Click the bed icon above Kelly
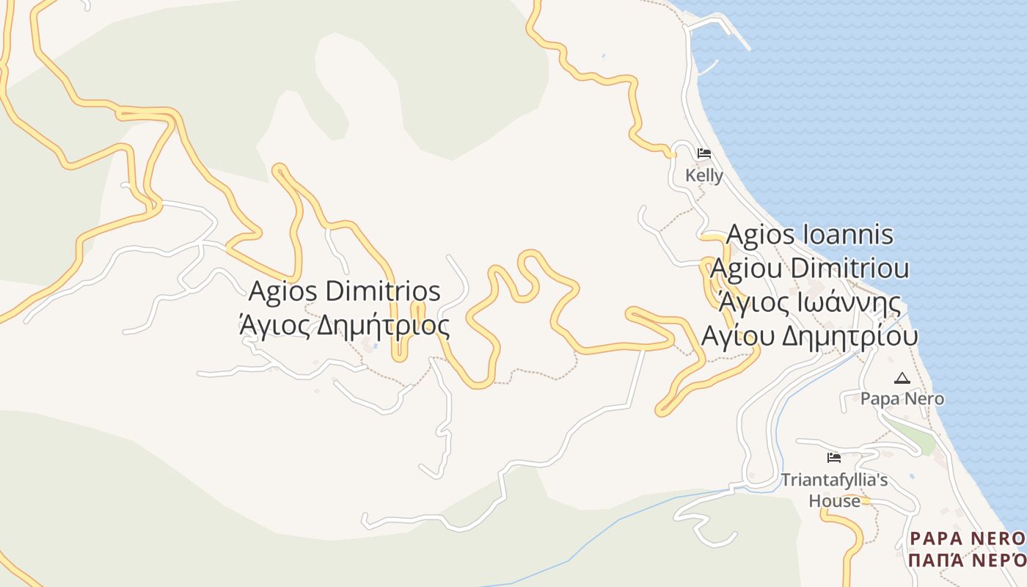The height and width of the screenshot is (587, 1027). pyautogui.click(x=704, y=153)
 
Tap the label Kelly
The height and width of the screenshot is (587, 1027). pyautogui.click(x=704, y=175)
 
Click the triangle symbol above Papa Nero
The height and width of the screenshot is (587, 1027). pyautogui.click(x=902, y=379)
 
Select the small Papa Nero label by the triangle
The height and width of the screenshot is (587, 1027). pyautogui.click(x=902, y=398)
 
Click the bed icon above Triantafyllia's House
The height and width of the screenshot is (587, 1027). pyautogui.click(x=833, y=458)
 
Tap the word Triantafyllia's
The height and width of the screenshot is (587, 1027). pyautogui.click(x=834, y=480)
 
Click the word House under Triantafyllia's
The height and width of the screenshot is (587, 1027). pyautogui.click(x=834, y=501)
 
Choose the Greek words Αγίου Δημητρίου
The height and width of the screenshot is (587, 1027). pyautogui.click(x=810, y=336)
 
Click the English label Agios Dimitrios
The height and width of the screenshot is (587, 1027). pyautogui.click(x=345, y=291)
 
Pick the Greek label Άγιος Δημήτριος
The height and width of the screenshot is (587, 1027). pyautogui.click(x=345, y=324)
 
